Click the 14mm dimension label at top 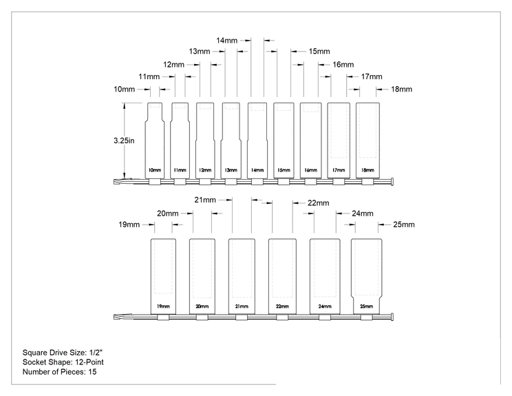click(x=226, y=41)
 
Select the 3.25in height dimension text click(x=124, y=140)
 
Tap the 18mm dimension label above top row click(x=402, y=90)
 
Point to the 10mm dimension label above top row click(x=124, y=90)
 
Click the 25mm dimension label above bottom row click(x=404, y=225)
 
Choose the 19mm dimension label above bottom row click(x=129, y=225)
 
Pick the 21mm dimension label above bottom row click(x=205, y=200)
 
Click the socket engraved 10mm click(x=155, y=140)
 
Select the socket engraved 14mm click(x=257, y=140)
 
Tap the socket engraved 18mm click(x=367, y=140)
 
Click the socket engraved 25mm click(x=366, y=276)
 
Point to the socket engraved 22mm click(x=282, y=276)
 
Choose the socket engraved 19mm click(x=163, y=276)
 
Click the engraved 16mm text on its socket click(x=311, y=170)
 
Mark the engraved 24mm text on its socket click(x=325, y=306)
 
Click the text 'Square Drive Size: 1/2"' click(x=63, y=353)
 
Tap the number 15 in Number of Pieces click(x=92, y=372)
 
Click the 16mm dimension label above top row click(x=343, y=64)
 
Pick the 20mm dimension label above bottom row click(x=167, y=213)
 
